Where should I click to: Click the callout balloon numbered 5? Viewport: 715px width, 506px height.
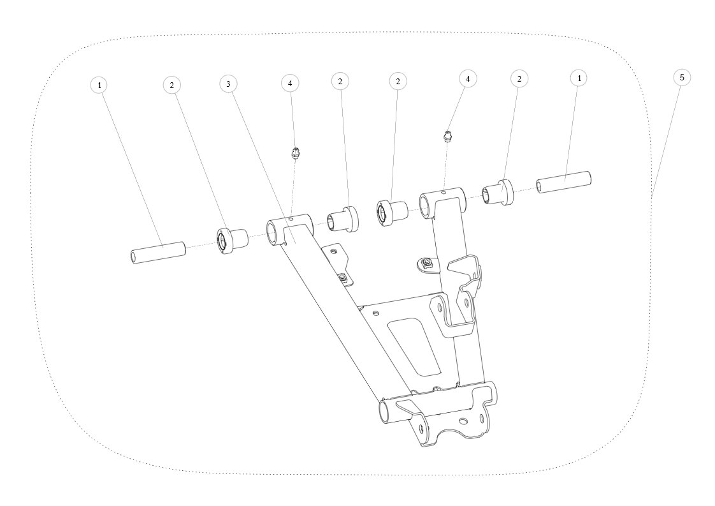[682, 78]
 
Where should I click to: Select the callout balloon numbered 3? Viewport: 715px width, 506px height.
[228, 84]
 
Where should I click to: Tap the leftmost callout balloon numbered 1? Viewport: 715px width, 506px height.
[99, 85]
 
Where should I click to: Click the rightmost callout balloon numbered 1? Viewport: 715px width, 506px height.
[579, 78]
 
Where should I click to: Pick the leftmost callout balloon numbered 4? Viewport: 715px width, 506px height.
[290, 84]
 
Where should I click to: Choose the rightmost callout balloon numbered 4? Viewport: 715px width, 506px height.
[467, 78]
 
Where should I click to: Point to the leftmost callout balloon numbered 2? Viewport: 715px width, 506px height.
[172, 86]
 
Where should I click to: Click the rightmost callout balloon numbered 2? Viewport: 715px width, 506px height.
[519, 79]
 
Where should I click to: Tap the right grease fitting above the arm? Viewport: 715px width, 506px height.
[448, 136]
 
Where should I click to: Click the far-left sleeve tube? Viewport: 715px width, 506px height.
[157, 252]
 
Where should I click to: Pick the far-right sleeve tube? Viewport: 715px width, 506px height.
[563, 182]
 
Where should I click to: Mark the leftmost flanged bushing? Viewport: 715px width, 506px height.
[231, 240]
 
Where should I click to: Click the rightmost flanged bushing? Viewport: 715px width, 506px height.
[498, 192]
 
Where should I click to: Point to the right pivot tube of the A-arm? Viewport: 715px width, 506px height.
[442, 203]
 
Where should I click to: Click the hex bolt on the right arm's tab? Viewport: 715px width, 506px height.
[428, 262]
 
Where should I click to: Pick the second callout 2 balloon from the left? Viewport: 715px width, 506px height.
[340, 82]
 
